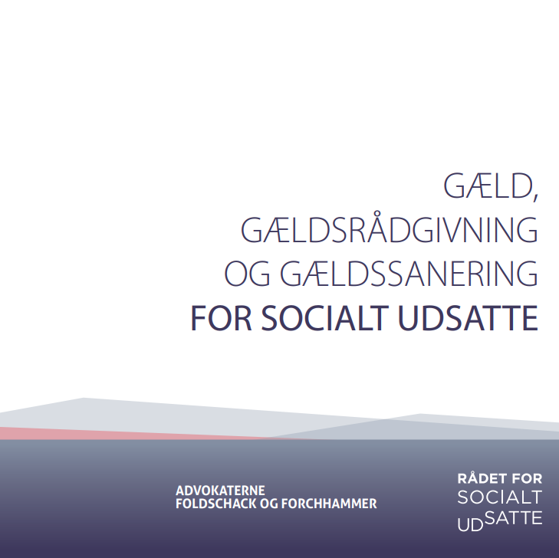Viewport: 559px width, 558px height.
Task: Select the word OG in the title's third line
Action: tap(247, 274)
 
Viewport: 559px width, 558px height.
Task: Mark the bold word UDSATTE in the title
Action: tap(467, 318)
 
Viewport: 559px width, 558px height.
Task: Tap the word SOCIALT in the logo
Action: tap(499, 497)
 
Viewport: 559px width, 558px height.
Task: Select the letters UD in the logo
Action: tap(468, 525)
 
